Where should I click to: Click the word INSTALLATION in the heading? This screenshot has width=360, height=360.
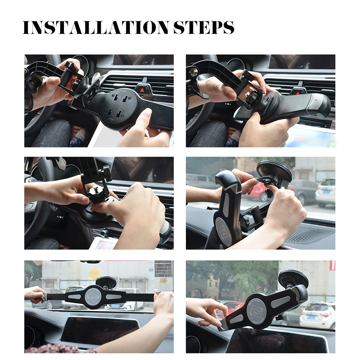coord(96,28)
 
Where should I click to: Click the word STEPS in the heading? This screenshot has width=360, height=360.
coord(204,28)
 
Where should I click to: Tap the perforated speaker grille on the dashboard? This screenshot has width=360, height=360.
coord(311,234)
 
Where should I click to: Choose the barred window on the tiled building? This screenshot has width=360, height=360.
coord(163,269)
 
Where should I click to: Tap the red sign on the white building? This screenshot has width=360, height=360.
coord(332,266)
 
